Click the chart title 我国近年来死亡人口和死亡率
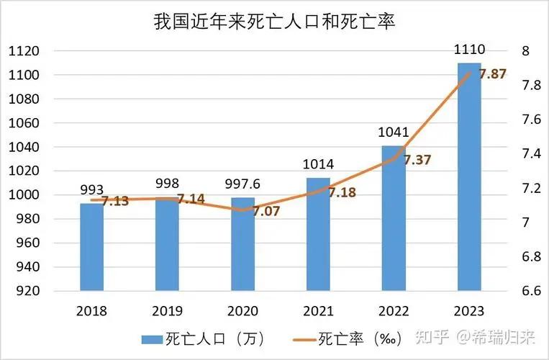coord(275,22)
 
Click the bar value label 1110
coord(469,50)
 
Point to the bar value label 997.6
coord(242,184)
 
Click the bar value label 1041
coord(393,132)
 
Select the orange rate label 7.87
coord(493,73)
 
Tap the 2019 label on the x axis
coord(167,311)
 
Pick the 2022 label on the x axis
coord(393,311)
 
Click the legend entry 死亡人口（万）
coord(198,338)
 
